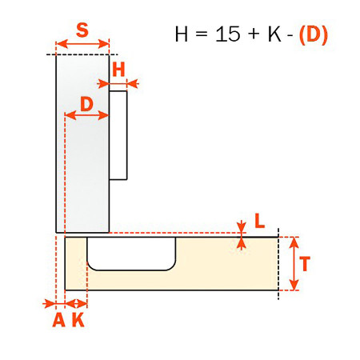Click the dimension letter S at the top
coord(82,30)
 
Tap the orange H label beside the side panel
coord(118,70)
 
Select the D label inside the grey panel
coord(86,104)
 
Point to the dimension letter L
coord(259,221)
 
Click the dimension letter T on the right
coord(305,263)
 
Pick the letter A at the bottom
coord(59,320)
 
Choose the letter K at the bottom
coord(78,320)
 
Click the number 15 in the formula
coord(227,34)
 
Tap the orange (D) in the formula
coord(314,34)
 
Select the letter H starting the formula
coord(182,34)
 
